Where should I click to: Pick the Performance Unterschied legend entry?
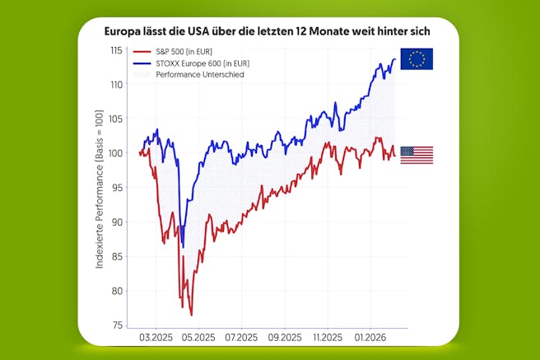click(x=205, y=74)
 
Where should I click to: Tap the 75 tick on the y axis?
click(x=119, y=325)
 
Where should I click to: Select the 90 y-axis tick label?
click(x=119, y=222)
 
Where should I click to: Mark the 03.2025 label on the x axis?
click(x=155, y=337)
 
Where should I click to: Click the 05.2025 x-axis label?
click(x=198, y=337)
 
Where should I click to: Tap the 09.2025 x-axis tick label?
click(x=284, y=337)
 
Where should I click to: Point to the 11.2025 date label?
click(x=327, y=337)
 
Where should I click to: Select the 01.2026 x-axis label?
click(x=370, y=337)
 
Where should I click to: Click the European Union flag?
click(x=417, y=58)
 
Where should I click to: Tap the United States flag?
click(x=417, y=155)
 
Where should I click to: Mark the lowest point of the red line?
click(x=191, y=315)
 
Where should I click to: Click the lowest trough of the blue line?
click(x=183, y=246)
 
